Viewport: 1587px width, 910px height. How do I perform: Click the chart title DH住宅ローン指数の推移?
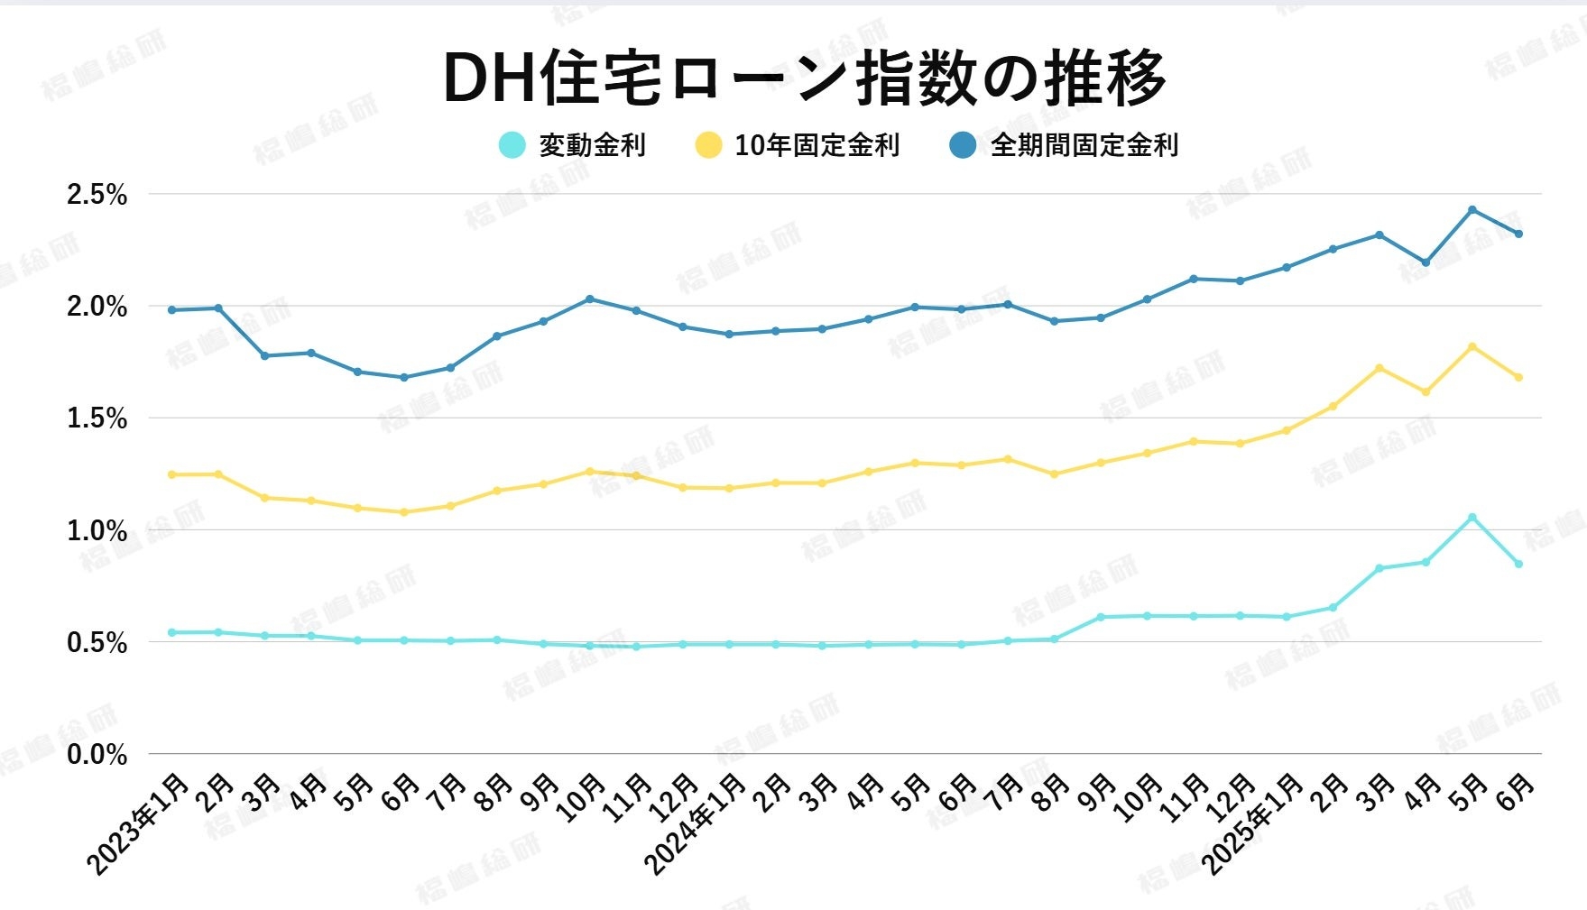click(805, 78)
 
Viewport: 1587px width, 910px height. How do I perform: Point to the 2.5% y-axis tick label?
click(97, 195)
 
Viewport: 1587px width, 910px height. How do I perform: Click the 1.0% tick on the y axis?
click(97, 530)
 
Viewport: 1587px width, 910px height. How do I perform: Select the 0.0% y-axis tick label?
click(97, 754)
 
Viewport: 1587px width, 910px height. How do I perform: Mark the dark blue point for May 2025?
click(1472, 210)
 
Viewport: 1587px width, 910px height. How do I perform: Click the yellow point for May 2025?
click(1472, 346)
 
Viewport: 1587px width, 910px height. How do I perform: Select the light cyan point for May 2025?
click(1472, 518)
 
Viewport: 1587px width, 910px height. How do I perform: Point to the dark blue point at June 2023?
click(404, 377)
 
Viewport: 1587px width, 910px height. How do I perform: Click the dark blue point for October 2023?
click(590, 299)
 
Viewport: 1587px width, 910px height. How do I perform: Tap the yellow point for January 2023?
click(172, 474)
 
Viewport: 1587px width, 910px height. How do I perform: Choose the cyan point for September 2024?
click(1101, 618)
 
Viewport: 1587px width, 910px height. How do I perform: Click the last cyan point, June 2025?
click(1518, 565)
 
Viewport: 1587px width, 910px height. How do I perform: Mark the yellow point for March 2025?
click(1379, 368)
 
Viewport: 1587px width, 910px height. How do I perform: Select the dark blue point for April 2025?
click(1426, 262)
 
